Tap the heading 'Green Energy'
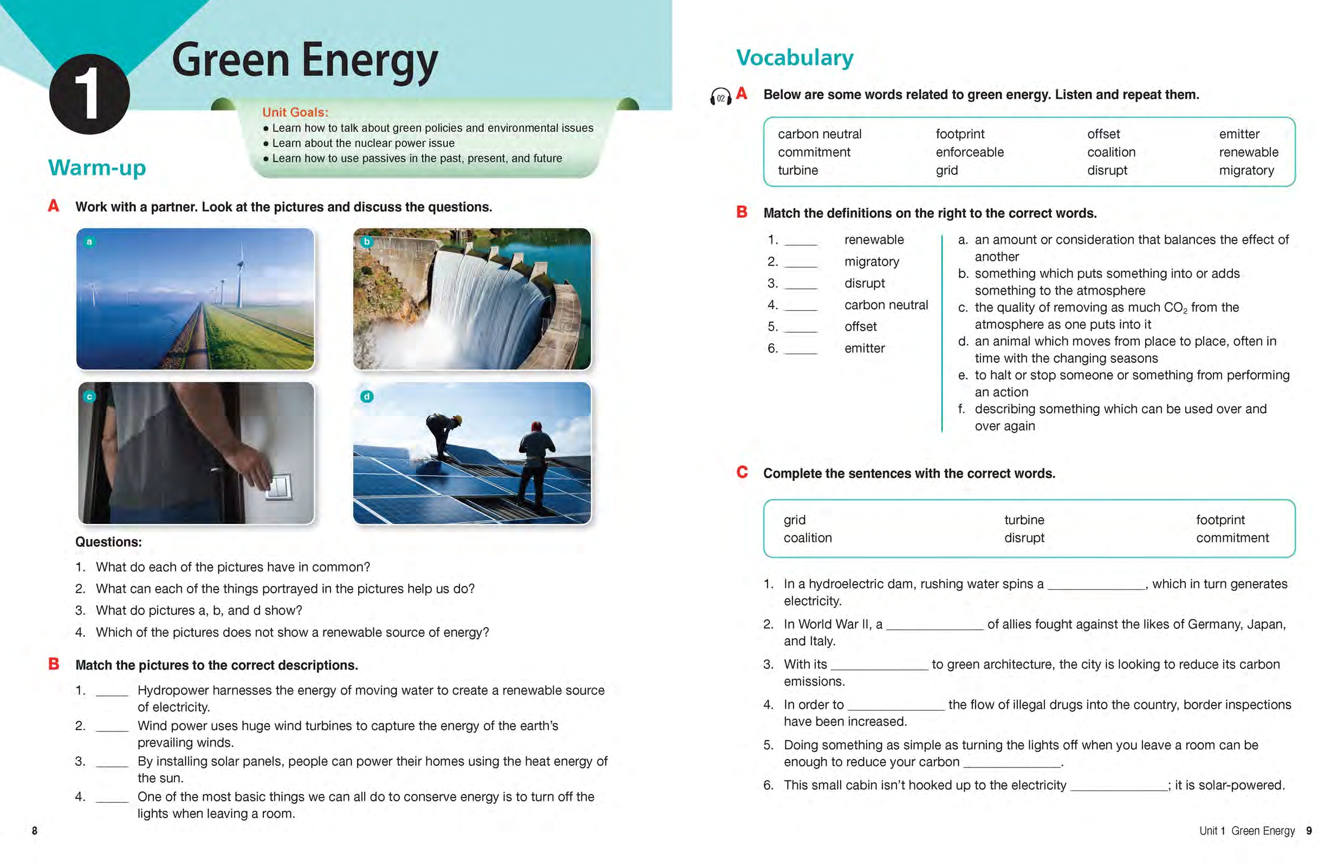304,61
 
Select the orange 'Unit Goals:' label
295,112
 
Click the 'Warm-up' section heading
97,167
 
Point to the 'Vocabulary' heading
794,58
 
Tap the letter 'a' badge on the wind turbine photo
89,242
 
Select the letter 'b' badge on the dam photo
366,242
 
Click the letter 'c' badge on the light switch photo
89,397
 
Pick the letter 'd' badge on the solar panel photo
366,397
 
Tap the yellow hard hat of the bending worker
458,419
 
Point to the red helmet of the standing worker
536,426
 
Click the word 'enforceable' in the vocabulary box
969,152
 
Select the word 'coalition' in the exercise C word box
807,537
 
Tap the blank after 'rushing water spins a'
1096,585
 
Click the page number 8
35,830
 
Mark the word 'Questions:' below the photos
108,542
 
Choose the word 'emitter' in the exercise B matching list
865,348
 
